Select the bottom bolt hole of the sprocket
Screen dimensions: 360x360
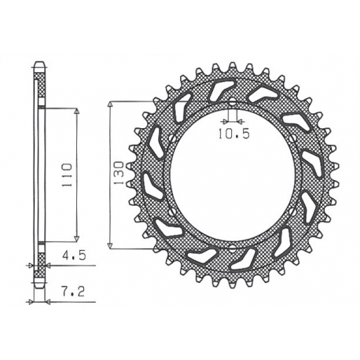tap(234, 245)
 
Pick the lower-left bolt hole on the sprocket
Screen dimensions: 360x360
tap(174, 211)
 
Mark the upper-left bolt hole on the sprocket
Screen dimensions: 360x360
tap(174, 141)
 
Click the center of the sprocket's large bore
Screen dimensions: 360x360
tap(234, 176)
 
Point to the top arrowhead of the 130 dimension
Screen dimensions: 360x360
tap(111, 105)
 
